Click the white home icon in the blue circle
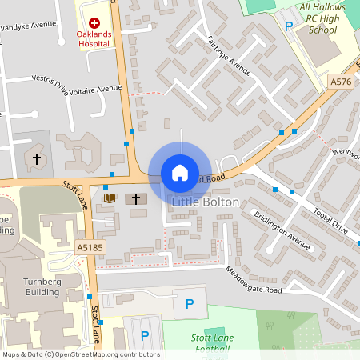179,173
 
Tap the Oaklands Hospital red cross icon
94,24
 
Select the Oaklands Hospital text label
94,40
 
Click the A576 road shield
339,82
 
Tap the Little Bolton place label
205,202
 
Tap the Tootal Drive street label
329,217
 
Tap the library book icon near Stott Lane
110,198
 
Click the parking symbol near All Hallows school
289,26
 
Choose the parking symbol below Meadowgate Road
190,303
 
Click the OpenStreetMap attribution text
80,354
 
